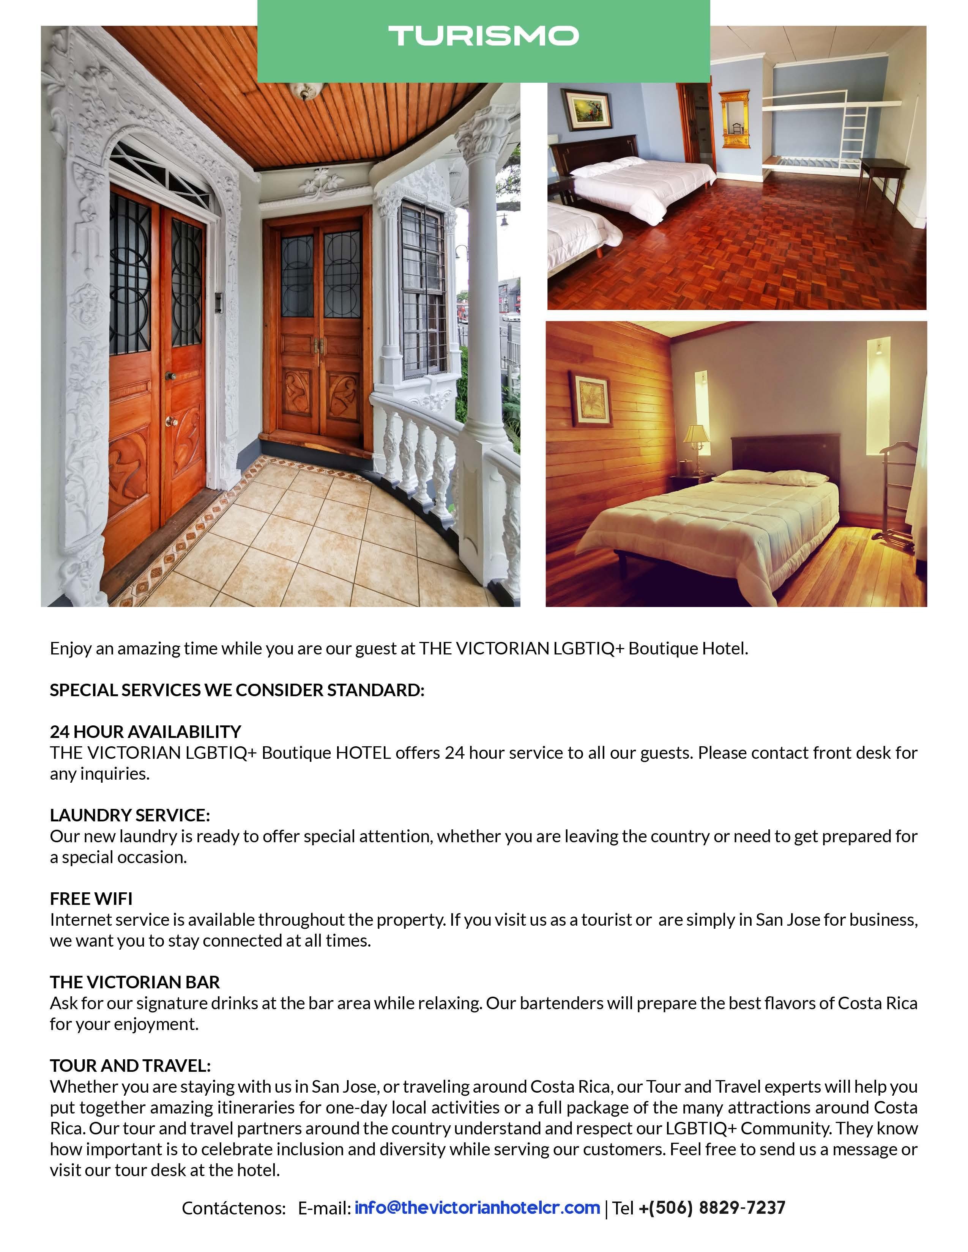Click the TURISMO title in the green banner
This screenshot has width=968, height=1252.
[x=483, y=36]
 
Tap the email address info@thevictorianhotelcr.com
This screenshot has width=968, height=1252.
[x=477, y=1208]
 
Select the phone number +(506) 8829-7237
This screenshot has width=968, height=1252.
[x=712, y=1208]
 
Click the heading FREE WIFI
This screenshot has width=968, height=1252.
[x=91, y=898]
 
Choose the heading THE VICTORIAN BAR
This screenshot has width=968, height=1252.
[x=135, y=982]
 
